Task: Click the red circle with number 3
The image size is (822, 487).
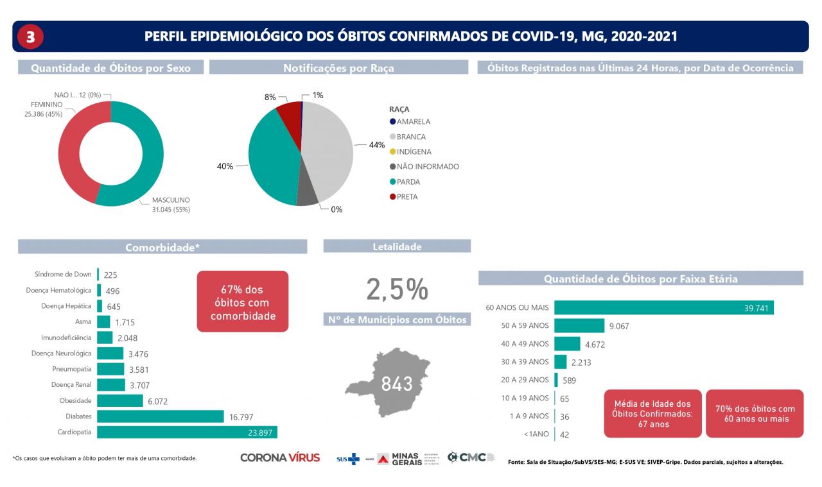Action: click(30, 37)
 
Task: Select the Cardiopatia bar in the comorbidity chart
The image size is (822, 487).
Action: click(187, 432)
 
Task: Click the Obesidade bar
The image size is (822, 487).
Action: click(120, 400)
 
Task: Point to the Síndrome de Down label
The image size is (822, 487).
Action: click(63, 274)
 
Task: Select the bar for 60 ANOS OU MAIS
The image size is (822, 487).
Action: click(663, 308)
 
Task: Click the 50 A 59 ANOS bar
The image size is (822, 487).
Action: click(579, 325)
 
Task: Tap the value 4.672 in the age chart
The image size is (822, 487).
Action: click(595, 344)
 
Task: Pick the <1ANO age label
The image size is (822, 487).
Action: click(536, 434)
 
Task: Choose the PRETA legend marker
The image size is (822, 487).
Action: click(392, 197)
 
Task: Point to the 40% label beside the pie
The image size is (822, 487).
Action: click(225, 166)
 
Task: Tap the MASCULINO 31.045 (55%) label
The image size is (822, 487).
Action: click(171, 204)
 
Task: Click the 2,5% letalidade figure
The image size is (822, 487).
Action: click(397, 289)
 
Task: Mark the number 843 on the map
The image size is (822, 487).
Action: click(397, 384)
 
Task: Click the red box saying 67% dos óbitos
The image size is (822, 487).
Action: click(242, 302)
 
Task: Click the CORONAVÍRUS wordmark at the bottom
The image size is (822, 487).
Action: click(280, 458)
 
